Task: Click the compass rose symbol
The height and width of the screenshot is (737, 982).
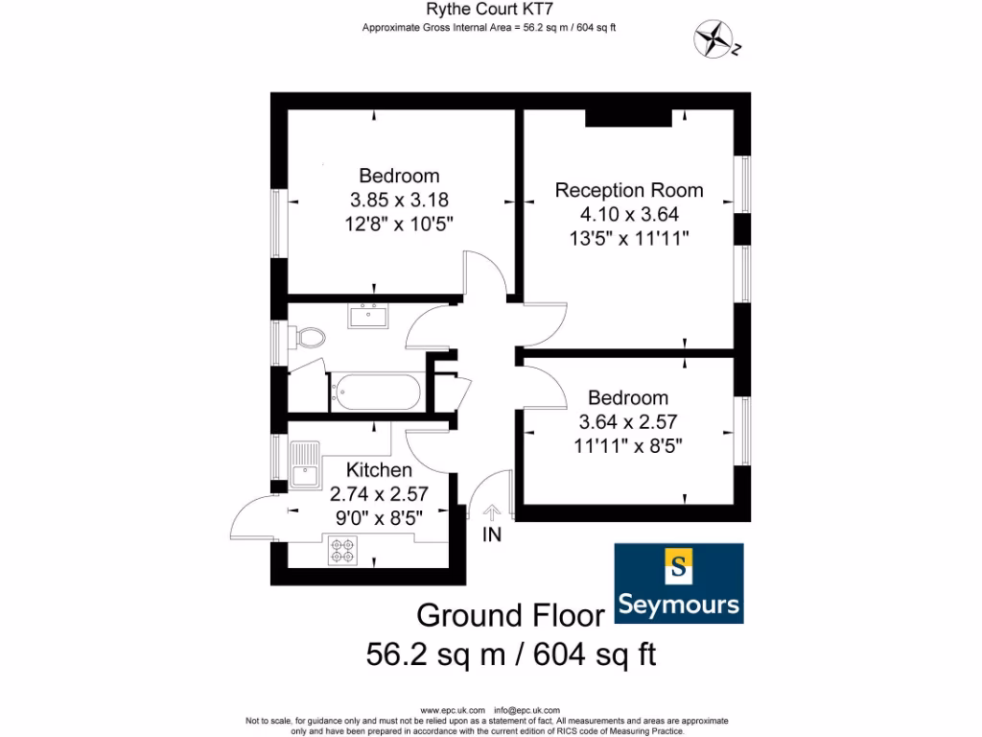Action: pyautogui.click(x=713, y=39)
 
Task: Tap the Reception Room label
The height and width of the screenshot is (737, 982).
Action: pyautogui.click(x=629, y=190)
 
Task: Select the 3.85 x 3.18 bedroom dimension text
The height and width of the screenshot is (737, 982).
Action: pyautogui.click(x=399, y=200)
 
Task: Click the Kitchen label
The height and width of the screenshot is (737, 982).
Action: pyautogui.click(x=379, y=470)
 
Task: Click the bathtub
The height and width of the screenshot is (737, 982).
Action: pyautogui.click(x=375, y=392)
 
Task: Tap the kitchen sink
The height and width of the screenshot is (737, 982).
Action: pyautogui.click(x=305, y=464)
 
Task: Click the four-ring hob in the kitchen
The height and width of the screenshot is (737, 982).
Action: pyautogui.click(x=343, y=551)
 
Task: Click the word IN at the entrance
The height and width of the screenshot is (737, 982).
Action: pyautogui.click(x=492, y=535)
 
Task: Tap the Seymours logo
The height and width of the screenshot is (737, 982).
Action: pyautogui.click(x=679, y=582)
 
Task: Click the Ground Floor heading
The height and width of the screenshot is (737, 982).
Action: pyautogui.click(x=510, y=615)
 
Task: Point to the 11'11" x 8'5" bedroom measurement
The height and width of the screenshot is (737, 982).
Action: pyautogui.click(x=628, y=444)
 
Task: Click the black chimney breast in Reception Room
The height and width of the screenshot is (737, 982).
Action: pyautogui.click(x=628, y=117)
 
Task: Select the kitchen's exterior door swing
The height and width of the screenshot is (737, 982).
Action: pyautogui.click(x=252, y=520)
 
